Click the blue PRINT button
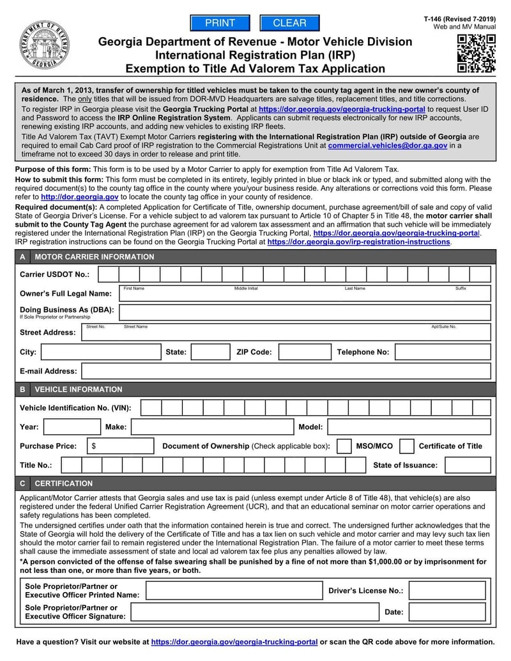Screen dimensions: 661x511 pyautogui.click(x=220, y=23)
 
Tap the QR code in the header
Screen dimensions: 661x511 pyautogui.click(x=476, y=54)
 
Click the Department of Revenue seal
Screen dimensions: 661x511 pyautogui.click(x=44, y=45)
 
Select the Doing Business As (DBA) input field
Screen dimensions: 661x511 pyautogui.click(x=305, y=312)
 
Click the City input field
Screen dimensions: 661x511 pyautogui.click(x=101, y=352)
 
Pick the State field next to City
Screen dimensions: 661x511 pyautogui.click(x=210, y=352)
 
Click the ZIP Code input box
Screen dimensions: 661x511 pyautogui.click(x=304, y=352)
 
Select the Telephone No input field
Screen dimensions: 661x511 pyautogui.click(x=442, y=352)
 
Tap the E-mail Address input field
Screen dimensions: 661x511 pyautogui.click(x=286, y=371)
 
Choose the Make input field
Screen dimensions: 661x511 pyautogui.click(x=211, y=427)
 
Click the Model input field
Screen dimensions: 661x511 pyautogui.click(x=409, y=427)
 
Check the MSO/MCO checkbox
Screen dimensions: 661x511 pyautogui.click(x=344, y=446)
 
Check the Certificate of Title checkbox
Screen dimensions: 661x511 pyautogui.click(x=406, y=446)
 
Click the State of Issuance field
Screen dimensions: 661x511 pyautogui.click(x=468, y=465)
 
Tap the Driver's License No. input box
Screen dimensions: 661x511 pyautogui.click(x=446, y=591)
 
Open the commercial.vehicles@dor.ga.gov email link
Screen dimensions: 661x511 pyautogui.click(x=387, y=146)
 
